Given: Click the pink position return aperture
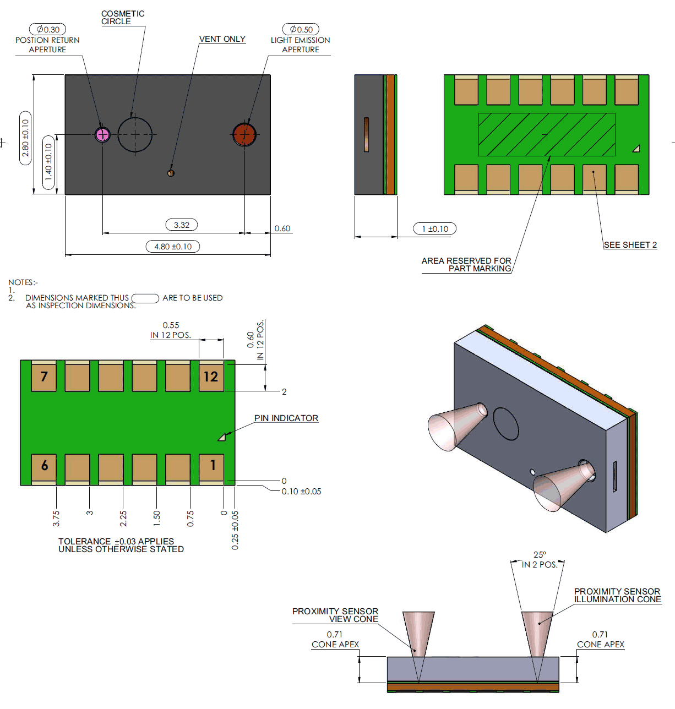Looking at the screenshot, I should (102, 134).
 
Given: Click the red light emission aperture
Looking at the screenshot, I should (244, 134).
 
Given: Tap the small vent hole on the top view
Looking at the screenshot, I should (171, 173).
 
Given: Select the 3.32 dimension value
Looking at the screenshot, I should (182, 225).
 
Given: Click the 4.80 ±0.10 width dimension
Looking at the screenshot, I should (173, 247).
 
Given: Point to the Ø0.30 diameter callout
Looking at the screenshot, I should (48, 30).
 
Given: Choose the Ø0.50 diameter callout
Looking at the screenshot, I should (301, 30).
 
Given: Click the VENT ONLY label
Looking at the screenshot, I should (222, 39).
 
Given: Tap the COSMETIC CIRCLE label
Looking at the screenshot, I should (123, 18).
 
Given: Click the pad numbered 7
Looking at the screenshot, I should (44, 377).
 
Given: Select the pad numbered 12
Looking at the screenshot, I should (211, 377).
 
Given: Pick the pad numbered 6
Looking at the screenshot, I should (44, 466).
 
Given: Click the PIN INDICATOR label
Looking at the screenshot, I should (286, 418).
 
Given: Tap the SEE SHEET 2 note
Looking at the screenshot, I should (630, 245).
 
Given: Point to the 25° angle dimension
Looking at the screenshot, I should (540, 555).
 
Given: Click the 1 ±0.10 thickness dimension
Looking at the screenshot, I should (435, 229).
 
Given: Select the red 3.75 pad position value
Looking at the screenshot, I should (56, 519).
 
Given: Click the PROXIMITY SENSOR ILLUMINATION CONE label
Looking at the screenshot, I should (617, 596).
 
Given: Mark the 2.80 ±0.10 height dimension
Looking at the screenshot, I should (25, 138).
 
